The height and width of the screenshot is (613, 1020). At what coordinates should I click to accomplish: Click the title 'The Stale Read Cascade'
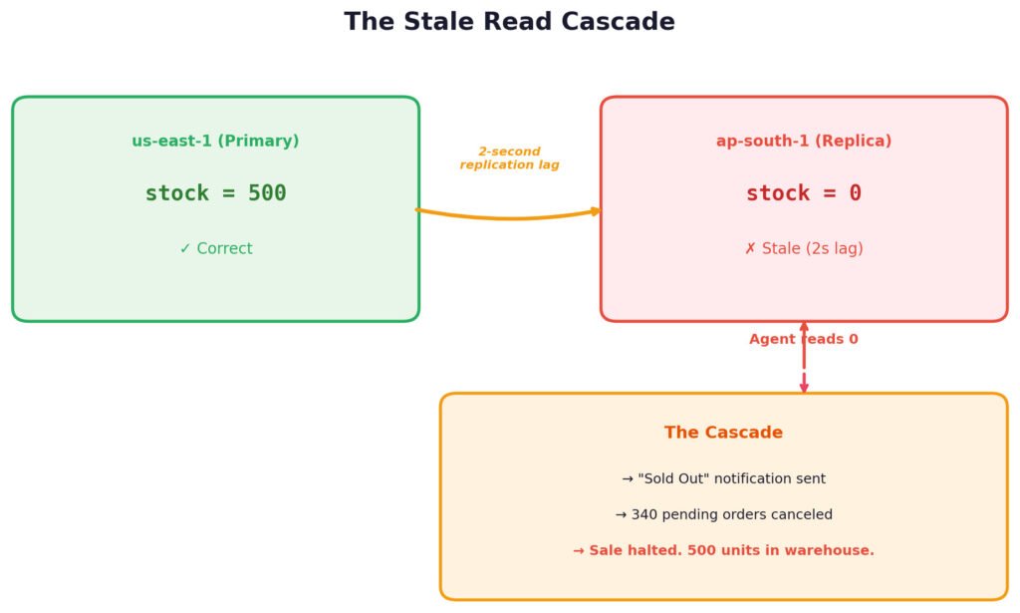click(509, 22)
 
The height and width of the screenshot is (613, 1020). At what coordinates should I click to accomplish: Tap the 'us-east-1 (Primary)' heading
click(215, 141)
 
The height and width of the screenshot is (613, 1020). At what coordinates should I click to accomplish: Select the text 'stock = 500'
click(215, 193)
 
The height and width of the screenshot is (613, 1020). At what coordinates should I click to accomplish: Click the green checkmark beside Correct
click(185, 248)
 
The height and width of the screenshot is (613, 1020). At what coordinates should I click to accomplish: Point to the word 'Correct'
click(224, 248)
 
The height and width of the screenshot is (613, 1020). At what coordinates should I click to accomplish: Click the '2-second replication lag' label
click(509, 158)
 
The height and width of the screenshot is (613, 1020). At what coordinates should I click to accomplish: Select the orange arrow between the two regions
click(509, 218)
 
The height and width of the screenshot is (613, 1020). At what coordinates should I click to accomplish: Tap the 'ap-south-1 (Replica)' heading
click(804, 141)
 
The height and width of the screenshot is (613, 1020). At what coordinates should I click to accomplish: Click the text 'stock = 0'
click(804, 193)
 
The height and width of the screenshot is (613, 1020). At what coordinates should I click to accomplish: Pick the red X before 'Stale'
click(751, 248)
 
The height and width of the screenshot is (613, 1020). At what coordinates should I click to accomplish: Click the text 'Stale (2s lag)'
click(813, 248)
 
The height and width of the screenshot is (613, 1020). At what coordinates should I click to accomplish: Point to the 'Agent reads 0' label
click(804, 339)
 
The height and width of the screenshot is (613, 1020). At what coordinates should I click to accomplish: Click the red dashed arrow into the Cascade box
click(804, 357)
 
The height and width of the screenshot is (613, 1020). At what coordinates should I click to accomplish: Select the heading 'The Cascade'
click(723, 433)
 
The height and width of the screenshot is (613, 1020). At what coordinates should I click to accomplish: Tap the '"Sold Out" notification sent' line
click(723, 479)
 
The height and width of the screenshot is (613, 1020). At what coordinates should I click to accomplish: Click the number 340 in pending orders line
click(644, 514)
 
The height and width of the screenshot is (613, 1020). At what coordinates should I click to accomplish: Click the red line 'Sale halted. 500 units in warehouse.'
click(723, 550)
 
